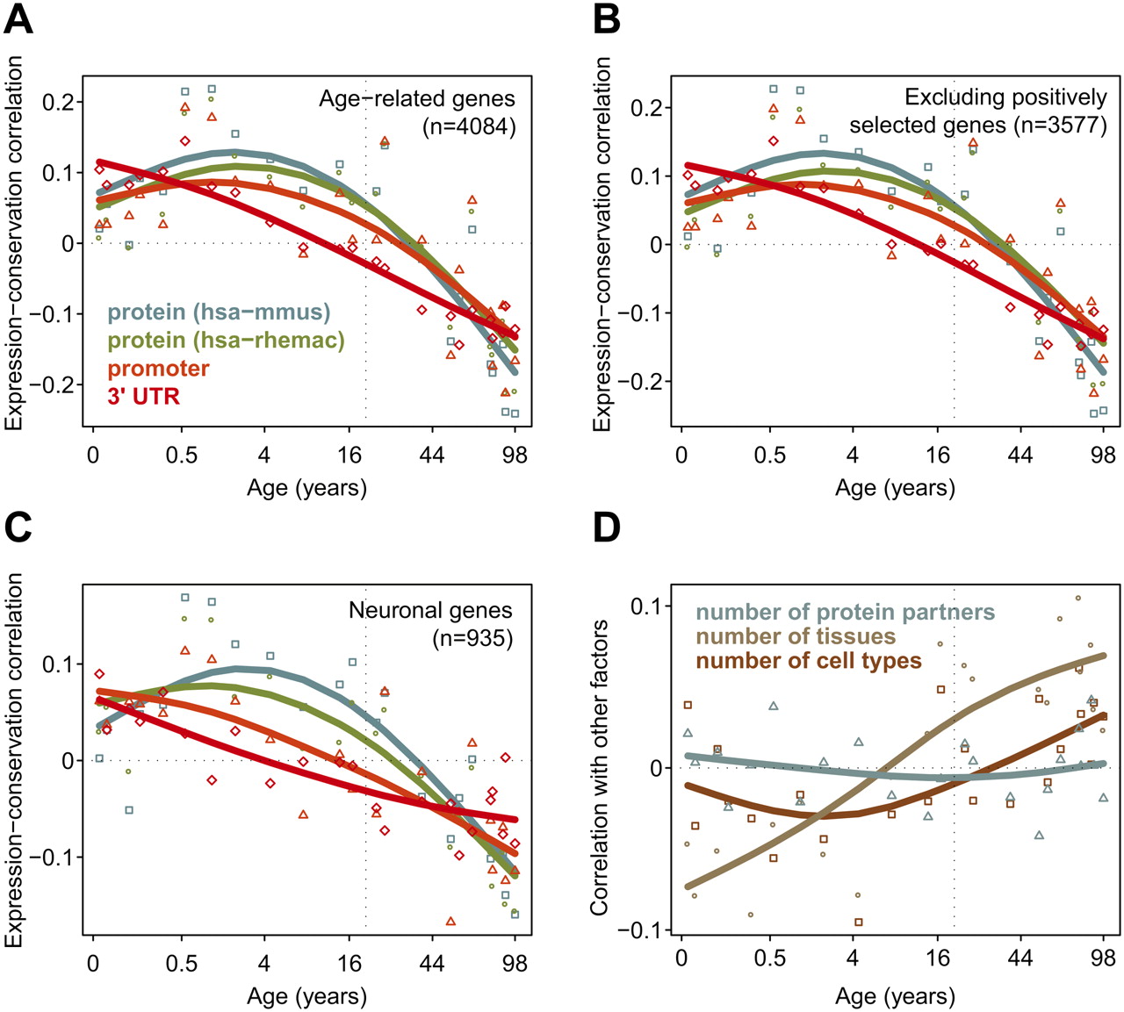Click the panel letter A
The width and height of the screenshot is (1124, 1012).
point(18,20)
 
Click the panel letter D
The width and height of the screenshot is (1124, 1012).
point(607,528)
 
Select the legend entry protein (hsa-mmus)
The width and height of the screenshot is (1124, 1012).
point(219,312)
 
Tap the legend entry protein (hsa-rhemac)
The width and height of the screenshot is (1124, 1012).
point(226,341)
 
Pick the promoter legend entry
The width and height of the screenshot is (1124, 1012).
point(158,369)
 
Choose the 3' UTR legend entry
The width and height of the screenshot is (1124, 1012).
point(143,396)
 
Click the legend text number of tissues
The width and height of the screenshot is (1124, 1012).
point(796,636)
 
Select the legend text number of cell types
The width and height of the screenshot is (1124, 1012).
point(809,662)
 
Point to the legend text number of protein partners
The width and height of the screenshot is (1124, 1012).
point(845,612)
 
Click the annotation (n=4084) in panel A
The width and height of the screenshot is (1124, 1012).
point(468,126)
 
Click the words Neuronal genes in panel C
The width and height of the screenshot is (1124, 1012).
point(430,610)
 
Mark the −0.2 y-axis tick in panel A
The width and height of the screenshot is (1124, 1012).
point(52,384)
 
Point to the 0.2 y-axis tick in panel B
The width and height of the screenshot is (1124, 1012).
point(646,108)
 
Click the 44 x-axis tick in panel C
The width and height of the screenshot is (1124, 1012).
point(432,963)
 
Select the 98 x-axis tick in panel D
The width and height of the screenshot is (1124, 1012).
point(1103,958)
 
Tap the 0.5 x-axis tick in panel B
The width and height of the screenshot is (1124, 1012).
point(770,455)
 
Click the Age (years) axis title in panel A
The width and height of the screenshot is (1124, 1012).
point(307,488)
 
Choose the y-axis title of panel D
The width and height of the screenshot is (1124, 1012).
point(600,768)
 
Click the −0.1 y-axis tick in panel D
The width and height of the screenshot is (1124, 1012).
point(640,930)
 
